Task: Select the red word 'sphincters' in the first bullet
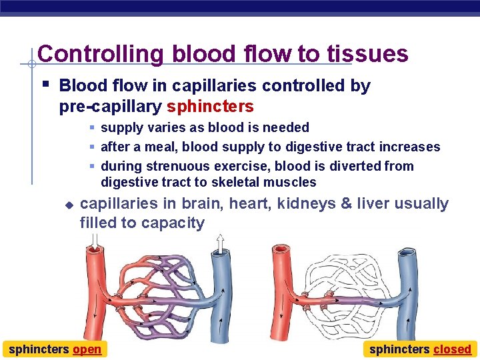[x=210, y=106]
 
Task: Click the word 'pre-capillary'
[x=111, y=106]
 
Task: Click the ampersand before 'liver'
[x=346, y=203]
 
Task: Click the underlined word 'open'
[x=87, y=349]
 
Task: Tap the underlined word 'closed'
[x=452, y=349]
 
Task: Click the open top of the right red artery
[x=280, y=251]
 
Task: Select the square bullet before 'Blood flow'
[x=45, y=85]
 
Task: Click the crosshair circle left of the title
[x=31, y=65]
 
